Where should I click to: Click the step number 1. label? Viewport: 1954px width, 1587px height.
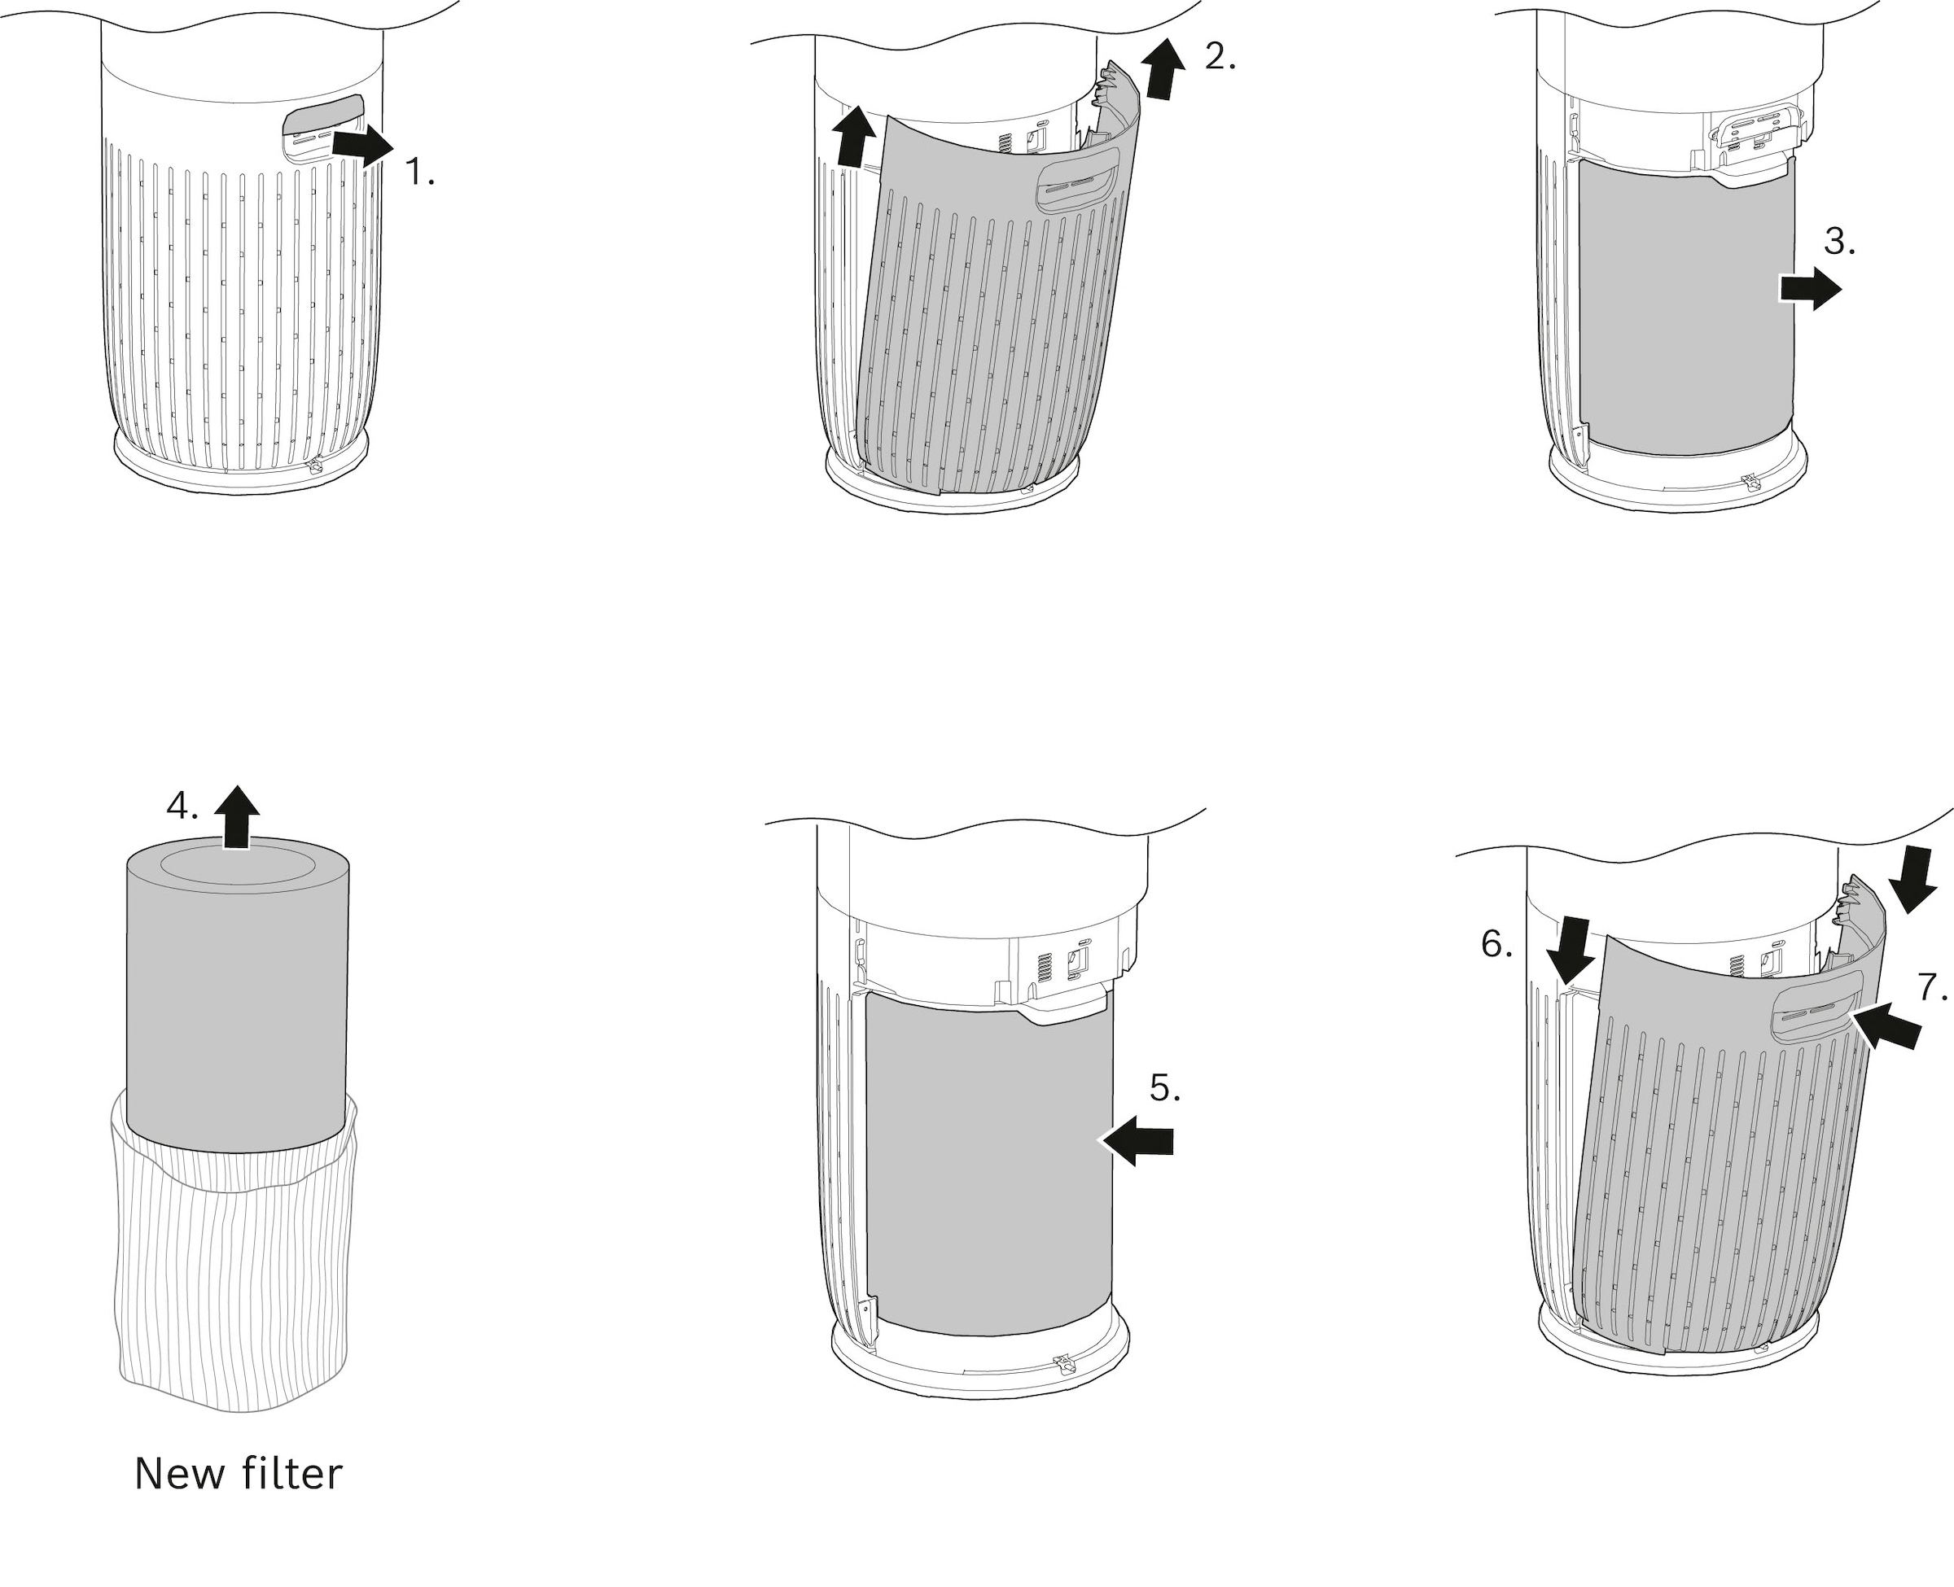pos(419,172)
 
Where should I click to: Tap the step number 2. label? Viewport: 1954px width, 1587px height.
pos(1220,58)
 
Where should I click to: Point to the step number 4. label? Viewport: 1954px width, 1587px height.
pos(182,807)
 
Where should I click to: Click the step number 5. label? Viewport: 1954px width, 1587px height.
pos(1165,1088)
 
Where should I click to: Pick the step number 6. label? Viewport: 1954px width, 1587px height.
pos(1496,944)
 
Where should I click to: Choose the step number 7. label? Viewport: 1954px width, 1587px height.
pos(1932,987)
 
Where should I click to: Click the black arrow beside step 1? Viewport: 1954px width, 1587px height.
pos(363,146)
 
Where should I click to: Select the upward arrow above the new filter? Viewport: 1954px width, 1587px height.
pos(237,816)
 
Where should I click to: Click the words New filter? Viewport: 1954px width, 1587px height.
pos(238,1474)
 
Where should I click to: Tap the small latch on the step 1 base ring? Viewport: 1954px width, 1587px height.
pos(314,467)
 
